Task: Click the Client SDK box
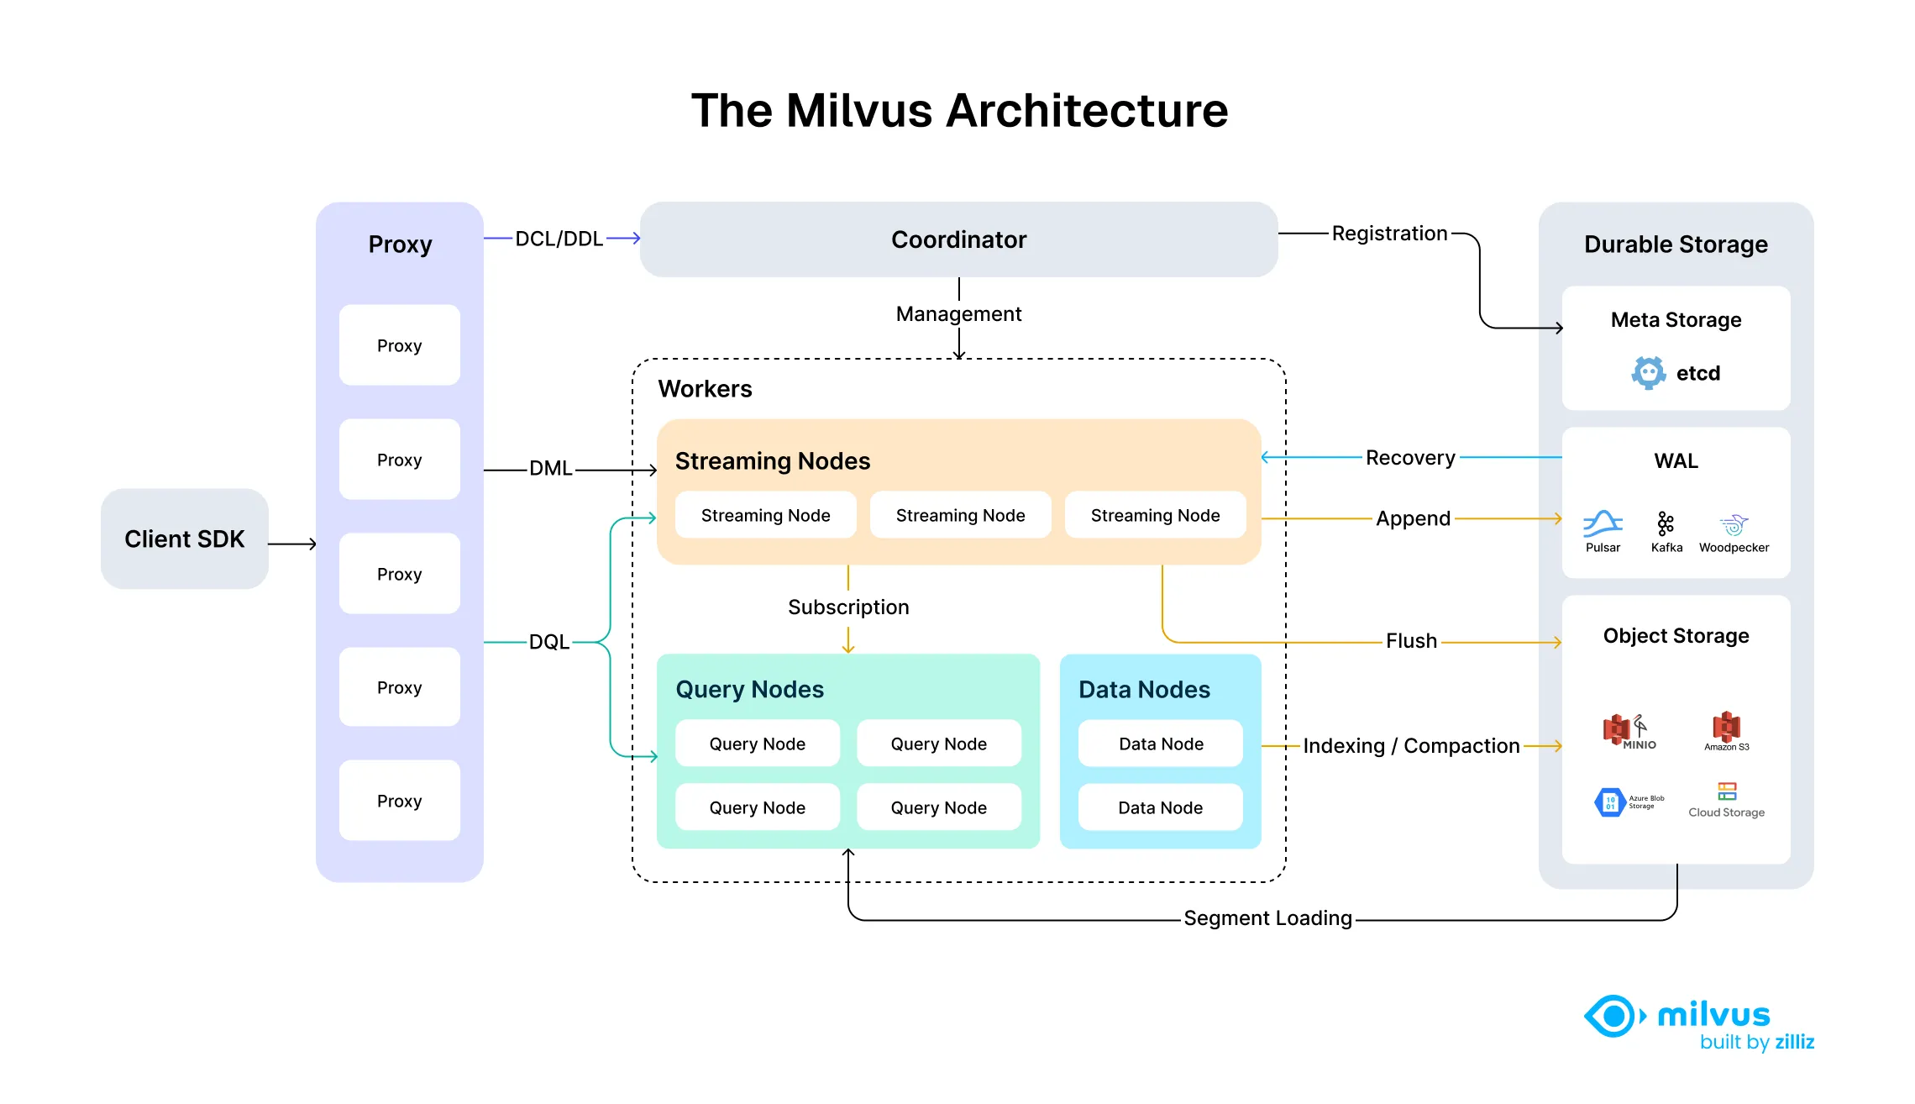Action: click(x=184, y=539)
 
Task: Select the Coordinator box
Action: click(x=958, y=239)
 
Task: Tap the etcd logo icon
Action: click(x=1648, y=372)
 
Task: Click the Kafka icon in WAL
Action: click(x=1666, y=524)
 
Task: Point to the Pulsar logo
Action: click(x=1603, y=523)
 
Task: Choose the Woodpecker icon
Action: click(x=1734, y=525)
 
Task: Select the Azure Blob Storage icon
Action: click(x=1609, y=802)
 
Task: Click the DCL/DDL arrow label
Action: click(x=559, y=239)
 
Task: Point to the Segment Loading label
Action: click(x=1267, y=918)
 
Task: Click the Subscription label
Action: click(x=848, y=607)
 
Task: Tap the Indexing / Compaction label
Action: click(x=1411, y=746)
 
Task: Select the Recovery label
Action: click(x=1410, y=458)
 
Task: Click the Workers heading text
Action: click(x=705, y=389)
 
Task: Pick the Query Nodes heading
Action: click(x=749, y=690)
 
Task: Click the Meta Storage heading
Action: click(x=1676, y=320)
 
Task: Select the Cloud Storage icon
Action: click(x=1727, y=791)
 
